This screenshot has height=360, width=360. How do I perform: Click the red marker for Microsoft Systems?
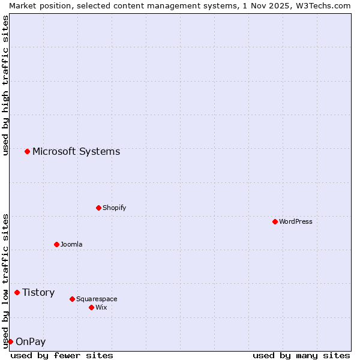point(27,151)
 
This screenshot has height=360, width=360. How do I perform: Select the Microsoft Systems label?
point(76,151)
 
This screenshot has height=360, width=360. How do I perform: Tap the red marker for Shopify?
point(98,208)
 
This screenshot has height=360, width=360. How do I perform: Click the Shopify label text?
point(114,208)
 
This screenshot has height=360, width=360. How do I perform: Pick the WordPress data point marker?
point(275,221)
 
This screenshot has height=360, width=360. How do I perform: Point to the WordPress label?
point(295,221)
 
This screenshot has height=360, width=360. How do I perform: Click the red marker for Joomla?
point(56,244)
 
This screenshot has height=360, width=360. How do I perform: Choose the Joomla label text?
point(71,244)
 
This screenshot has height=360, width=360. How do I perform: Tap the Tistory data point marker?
point(17,292)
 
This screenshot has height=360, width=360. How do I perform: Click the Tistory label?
point(38,292)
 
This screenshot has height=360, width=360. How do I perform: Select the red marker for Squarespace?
point(72,299)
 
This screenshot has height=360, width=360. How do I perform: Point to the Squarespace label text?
point(97,299)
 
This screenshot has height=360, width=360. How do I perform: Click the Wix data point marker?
point(91,307)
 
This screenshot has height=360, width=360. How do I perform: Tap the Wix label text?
point(101,307)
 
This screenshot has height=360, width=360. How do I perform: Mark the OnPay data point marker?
point(10,341)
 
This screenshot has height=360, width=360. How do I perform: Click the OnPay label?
point(31,342)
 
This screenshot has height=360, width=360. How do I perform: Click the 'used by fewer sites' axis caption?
point(62,356)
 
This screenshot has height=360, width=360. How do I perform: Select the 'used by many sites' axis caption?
point(301,356)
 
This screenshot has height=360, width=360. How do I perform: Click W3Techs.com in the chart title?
point(322,5)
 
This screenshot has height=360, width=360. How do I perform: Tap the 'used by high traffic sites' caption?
point(5,85)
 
